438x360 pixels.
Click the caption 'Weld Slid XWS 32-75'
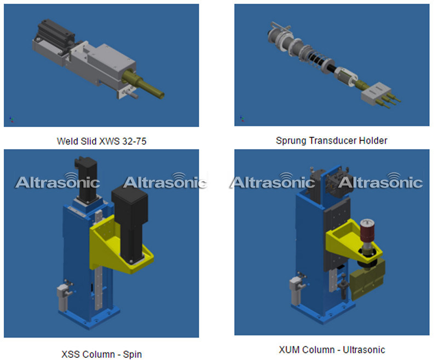click(x=102, y=141)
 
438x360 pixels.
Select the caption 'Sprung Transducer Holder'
click(x=332, y=140)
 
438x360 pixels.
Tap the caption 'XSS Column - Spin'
click(x=102, y=354)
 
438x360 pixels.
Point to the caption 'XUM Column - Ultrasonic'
click(x=332, y=350)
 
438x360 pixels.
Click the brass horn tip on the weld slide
click(x=145, y=85)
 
